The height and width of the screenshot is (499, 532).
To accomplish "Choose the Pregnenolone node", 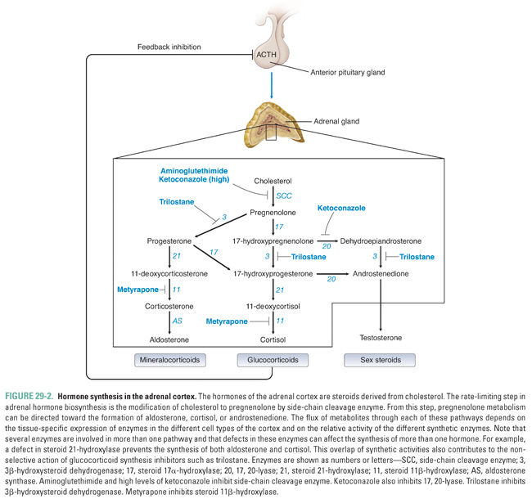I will [273, 211].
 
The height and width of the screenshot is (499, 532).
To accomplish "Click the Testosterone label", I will [381, 337].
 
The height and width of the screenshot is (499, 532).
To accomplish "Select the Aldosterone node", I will [169, 338].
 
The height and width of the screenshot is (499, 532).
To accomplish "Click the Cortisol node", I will [273, 338].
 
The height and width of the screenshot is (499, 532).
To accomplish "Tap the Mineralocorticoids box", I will [169, 359].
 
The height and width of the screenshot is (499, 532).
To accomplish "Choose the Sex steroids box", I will [381, 359].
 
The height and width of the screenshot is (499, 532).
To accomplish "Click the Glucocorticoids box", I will [273, 359].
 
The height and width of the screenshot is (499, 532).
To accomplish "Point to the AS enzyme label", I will [177, 321].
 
